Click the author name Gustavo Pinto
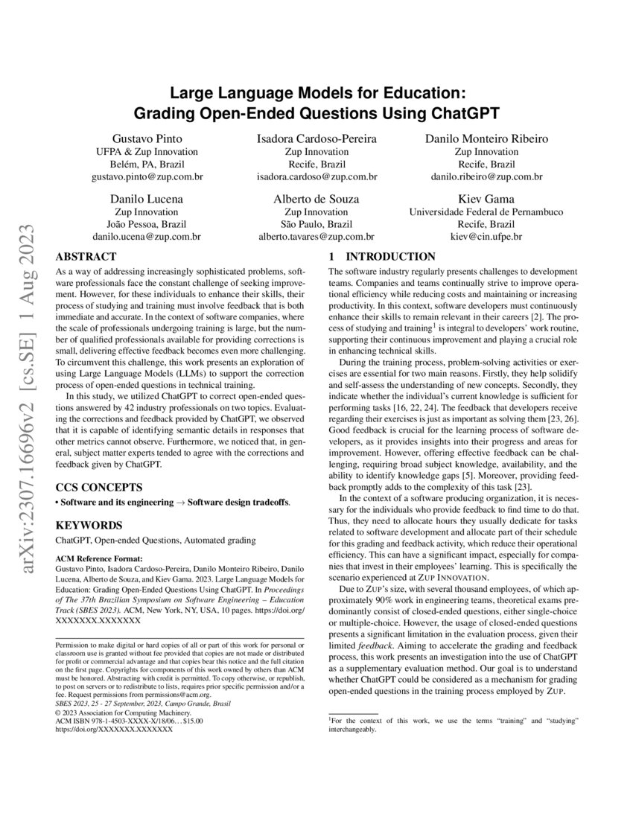tap(147, 138)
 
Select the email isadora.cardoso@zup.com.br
tap(316, 177)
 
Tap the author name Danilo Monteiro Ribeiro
tap(486, 138)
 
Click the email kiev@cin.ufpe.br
tap(486, 236)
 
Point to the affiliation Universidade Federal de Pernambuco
tap(486, 211)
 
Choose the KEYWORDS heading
tap(86, 524)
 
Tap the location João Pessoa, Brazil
tap(147, 224)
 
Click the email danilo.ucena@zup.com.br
tap(147, 236)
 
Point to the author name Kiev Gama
tap(486, 199)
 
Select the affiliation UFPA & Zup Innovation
tap(147, 152)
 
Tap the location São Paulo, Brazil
tap(316, 224)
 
